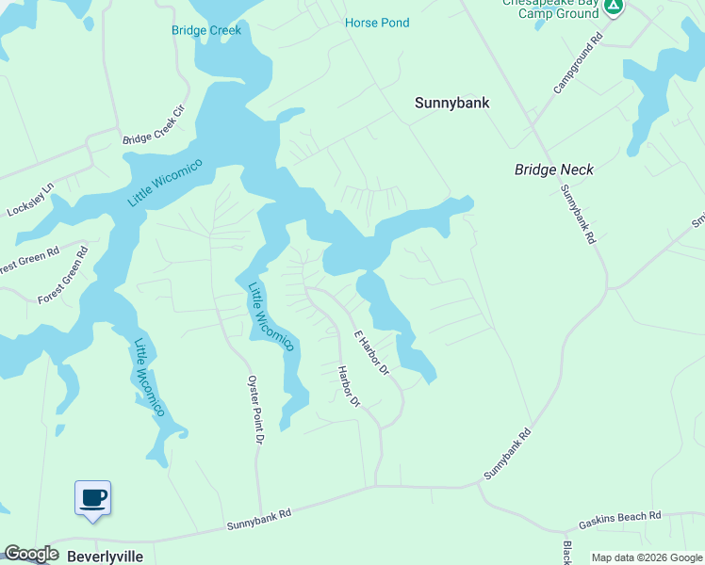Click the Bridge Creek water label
[x=206, y=30]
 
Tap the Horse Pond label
[x=377, y=23]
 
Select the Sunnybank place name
[x=451, y=103]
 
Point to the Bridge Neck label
[x=554, y=169]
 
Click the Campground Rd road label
[x=577, y=65]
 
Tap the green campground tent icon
[x=614, y=7]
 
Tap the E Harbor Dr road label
[x=371, y=353]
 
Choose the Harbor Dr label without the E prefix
[x=349, y=387]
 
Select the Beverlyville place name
[x=105, y=557]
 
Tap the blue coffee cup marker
[x=92, y=497]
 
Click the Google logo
[x=31, y=555]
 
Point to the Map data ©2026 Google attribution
[x=647, y=558]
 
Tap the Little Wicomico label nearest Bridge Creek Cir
[x=153, y=181]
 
